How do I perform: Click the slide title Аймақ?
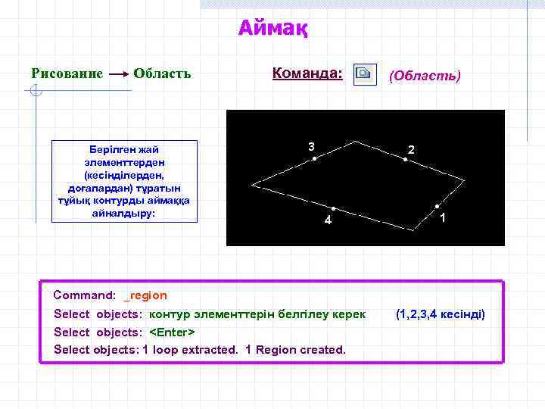[272, 29]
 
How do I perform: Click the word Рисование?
[67, 73]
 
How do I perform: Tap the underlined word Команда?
[307, 73]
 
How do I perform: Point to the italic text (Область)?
[424, 75]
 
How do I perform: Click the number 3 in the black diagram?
[311, 145]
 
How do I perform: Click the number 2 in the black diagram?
[411, 150]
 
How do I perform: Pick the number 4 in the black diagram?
[327, 220]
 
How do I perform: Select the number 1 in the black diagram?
[442, 219]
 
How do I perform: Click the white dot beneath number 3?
[314, 159]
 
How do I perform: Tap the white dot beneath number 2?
[405, 160]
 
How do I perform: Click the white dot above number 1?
[437, 206]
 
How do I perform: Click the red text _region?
[145, 295]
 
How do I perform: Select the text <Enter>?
[172, 332]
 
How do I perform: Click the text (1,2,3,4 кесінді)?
[440, 314]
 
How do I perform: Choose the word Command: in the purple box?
[84, 295]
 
